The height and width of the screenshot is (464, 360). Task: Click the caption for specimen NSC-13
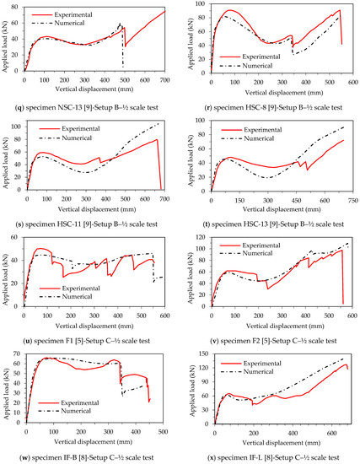[x=89, y=108]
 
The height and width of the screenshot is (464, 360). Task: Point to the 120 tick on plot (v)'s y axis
[x=207, y=239]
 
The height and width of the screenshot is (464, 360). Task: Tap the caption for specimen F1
[x=90, y=341]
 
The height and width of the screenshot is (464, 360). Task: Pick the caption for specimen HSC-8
[x=272, y=108]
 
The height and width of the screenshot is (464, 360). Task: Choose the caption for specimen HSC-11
[x=90, y=224]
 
